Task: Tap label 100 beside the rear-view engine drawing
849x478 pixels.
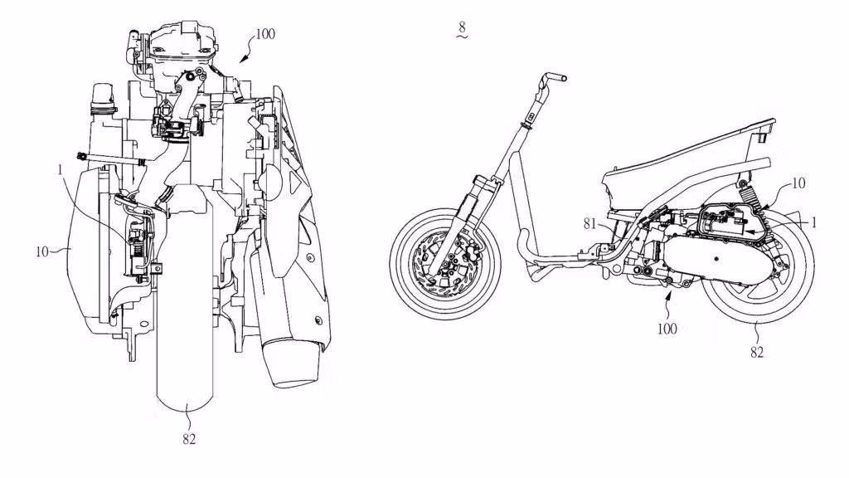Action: (265, 34)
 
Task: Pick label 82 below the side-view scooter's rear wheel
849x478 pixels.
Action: (756, 352)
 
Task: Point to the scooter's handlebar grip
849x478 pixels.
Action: (555, 78)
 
